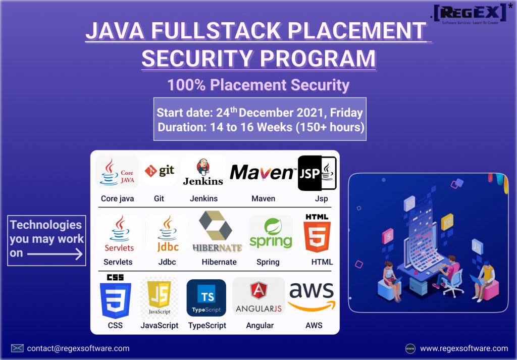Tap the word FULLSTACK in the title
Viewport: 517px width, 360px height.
(216, 31)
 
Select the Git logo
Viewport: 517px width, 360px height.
(159, 171)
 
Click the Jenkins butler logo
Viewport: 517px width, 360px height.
(203, 172)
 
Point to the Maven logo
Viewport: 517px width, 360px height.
(262, 172)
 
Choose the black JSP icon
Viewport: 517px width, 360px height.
(317, 173)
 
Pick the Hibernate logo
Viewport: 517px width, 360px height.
(217, 231)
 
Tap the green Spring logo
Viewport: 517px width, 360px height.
(271, 233)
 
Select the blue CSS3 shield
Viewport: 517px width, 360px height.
(116, 296)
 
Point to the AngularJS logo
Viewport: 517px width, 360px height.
(259, 296)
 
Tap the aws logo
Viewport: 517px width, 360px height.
(312, 296)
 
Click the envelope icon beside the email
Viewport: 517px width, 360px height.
(17, 348)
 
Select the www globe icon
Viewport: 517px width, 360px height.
(410, 348)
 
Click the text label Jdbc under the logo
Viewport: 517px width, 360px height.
(167, 262)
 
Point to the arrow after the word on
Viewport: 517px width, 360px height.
(55, 254)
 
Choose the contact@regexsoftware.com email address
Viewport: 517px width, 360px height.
(78, 348)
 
